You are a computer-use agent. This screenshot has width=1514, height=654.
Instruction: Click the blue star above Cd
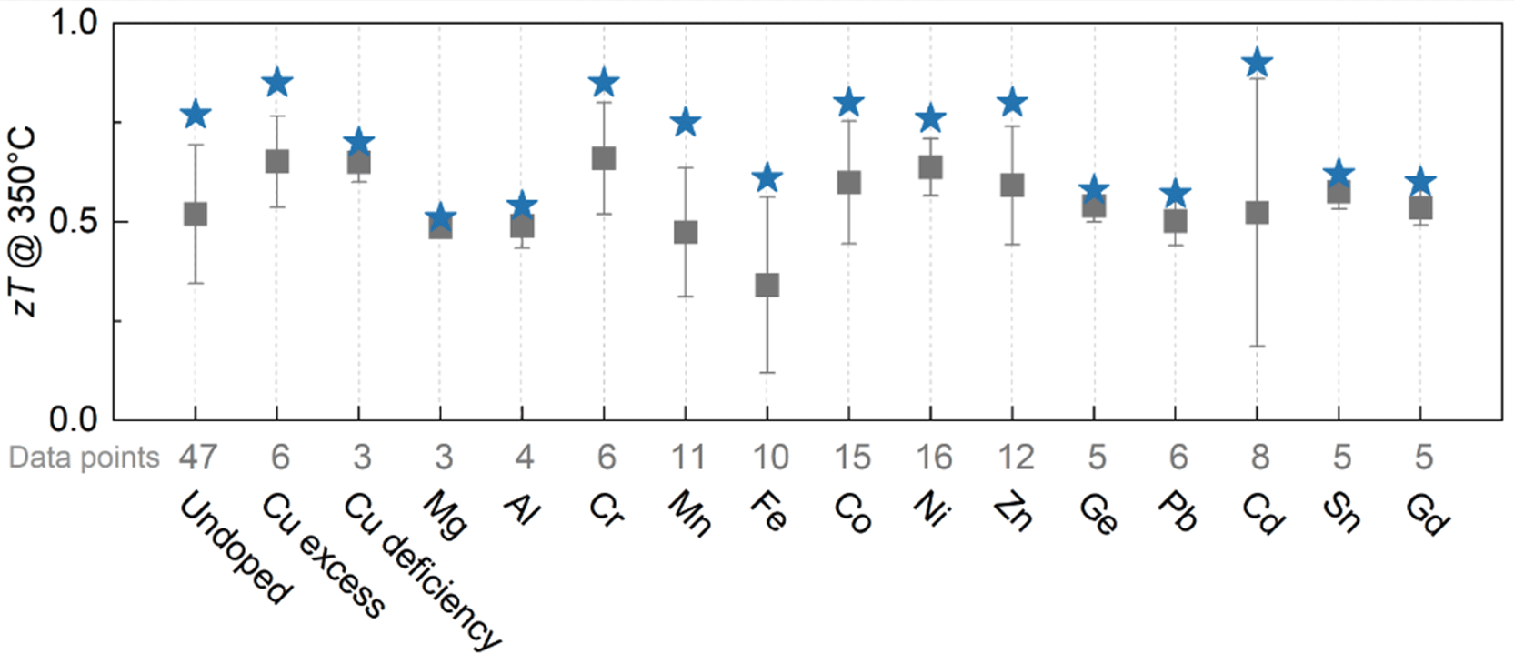tap(1258, 64)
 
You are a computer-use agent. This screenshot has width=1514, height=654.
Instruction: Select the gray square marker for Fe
tap(767, 285)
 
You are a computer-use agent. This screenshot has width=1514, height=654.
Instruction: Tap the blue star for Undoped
tap(196, 115)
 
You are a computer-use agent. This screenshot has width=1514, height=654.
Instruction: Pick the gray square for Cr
tap(604, 158)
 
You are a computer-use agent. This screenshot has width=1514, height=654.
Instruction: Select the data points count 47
tap(197, 458)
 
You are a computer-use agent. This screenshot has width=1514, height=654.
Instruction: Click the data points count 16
tap(934, 458)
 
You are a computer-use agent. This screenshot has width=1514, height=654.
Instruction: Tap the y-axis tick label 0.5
tap(75, 221)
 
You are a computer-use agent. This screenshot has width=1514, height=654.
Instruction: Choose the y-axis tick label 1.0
tap(75, 23)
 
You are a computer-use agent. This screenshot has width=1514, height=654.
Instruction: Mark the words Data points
tap(84, 458)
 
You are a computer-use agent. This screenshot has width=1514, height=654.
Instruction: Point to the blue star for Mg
tap(441, 217)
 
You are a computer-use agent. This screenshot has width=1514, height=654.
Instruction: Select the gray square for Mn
tap(686, 233)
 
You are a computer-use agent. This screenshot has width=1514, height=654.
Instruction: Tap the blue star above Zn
tap(1012, 103)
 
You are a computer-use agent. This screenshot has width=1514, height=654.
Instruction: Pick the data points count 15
tap(852, 458)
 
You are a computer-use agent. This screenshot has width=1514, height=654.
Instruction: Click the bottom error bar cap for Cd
tap(1258, 347)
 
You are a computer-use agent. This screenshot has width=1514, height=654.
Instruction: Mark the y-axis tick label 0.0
tap(75, 420)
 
